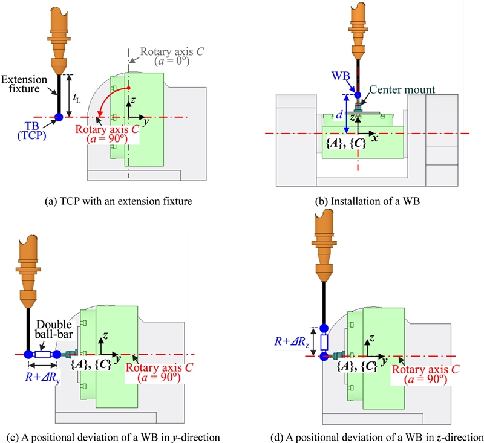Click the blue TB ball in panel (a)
(x=59, y=117)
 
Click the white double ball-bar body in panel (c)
(x=43, y=355)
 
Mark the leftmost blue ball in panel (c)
(x=28, y=355)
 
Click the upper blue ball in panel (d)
(x=323, y=329)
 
